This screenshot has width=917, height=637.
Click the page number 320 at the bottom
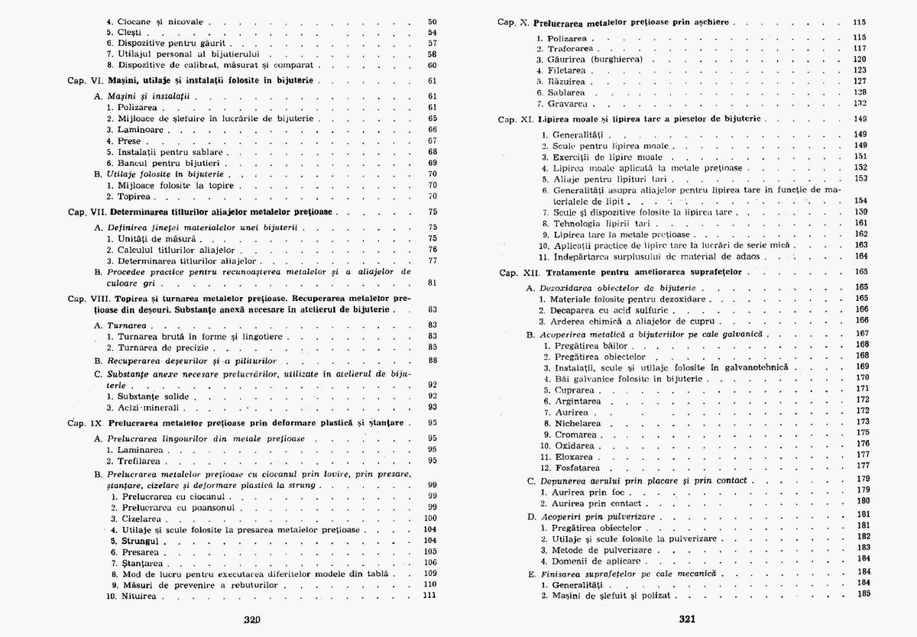[x=252, y=620]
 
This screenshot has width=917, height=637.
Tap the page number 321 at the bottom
[x=685, y=620]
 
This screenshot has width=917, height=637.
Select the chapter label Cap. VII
[x=87, y=212]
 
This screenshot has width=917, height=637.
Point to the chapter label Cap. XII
[x=519, y=271]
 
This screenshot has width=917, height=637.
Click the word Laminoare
[x=138, y=130]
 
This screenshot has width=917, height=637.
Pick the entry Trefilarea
[x=138, y=461]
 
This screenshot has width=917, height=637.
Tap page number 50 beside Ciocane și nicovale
[x=432, y=21]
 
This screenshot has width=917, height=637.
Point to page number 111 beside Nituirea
[x=429, y=595]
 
